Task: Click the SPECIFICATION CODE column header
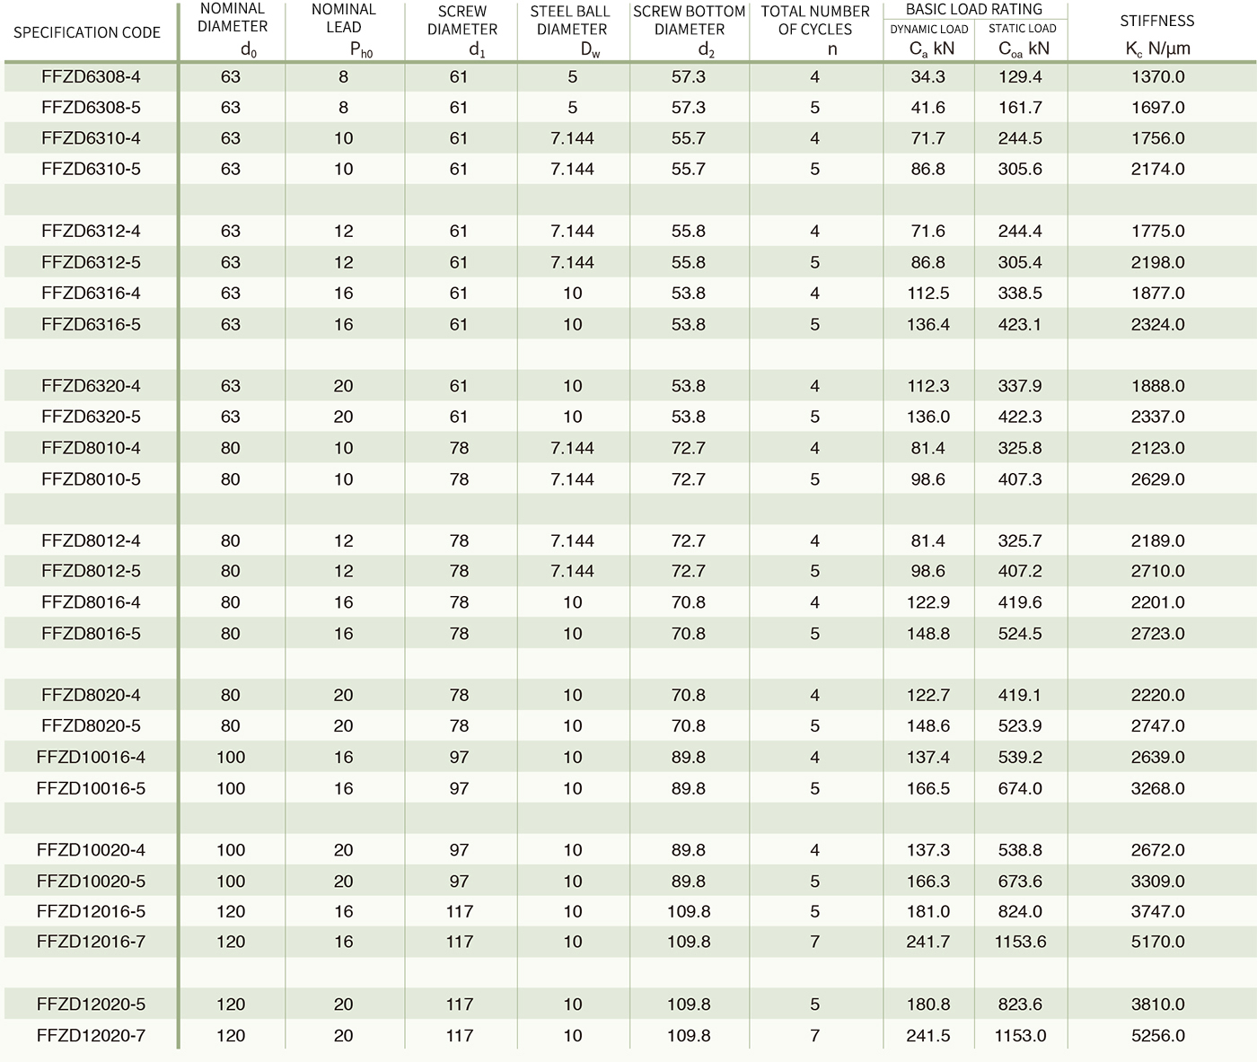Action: point(87,32)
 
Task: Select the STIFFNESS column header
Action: point(1157,21)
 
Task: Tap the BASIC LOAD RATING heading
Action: point(974,10)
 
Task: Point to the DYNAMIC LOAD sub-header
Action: point(929,29)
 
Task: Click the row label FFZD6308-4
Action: point(91,77)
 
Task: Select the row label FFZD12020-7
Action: point(91,1035)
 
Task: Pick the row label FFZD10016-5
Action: point(91,788)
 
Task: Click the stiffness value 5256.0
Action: point(1158,1035)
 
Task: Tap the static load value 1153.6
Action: point(1020,942)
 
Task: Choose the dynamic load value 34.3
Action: point(927,77)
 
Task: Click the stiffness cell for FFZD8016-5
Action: point(1158,634)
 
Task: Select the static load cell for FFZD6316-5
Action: point(1020,324)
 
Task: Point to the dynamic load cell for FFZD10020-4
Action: point(927,849)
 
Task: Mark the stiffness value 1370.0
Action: point(1158,77)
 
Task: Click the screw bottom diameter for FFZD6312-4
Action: point(689,231)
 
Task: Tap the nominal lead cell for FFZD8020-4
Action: point(344,695)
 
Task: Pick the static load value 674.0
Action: point(1020,788)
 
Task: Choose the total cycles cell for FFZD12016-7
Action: point(814,942)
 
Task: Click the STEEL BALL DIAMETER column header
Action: point(571,20)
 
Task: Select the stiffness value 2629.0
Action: point(1158,479)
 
